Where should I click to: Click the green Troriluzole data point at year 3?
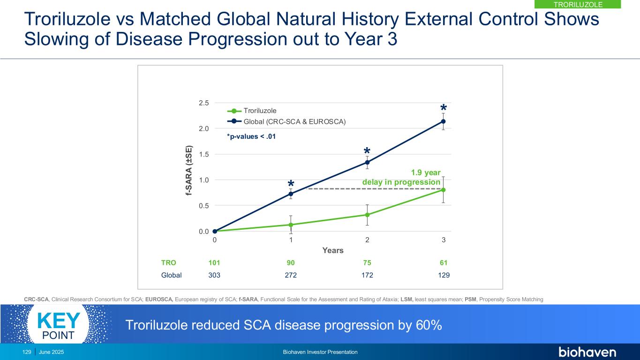click(443, 190)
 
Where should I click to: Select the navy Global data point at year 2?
click(367, 163)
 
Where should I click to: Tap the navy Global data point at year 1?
click(291, 194)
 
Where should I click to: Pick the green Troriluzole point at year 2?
click(367, 215)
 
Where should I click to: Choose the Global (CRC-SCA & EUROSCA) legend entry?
click(286, 122)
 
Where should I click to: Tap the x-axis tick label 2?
click(367, 240)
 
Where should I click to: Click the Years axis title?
click(333, 250)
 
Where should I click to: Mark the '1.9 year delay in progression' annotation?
click(402, 177)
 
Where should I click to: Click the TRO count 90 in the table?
click(291, 263)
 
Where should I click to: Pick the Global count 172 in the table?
click(367, 275)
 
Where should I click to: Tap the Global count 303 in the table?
click(214, 275)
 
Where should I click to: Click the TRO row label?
click(168, 263)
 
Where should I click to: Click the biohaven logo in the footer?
click(587, 352)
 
